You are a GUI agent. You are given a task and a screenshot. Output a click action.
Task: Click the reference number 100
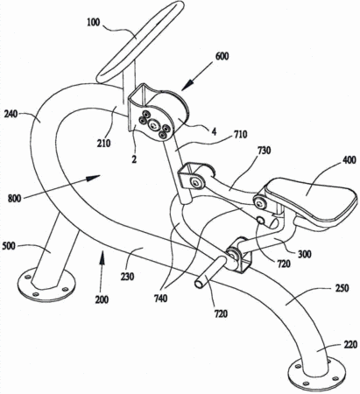click(x=94, y=23)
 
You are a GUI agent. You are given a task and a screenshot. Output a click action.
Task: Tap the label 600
click(x=222, y=56)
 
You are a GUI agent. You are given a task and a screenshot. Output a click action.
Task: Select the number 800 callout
click(x=15, y=199)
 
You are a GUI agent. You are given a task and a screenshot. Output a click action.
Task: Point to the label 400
click(x=349, y=160)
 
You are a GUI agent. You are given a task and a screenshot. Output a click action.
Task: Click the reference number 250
click(x=342, y=288)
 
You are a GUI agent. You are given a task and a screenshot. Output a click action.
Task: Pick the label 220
click(x=350, y=345)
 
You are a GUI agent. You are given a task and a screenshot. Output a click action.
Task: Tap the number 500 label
click(x=9, y=246)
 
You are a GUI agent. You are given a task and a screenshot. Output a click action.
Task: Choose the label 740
click(x=160, y=299)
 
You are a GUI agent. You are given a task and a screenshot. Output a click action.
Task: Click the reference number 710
click(x=240, y=135)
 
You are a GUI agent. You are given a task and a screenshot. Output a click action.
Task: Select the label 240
click(x=11, y=115)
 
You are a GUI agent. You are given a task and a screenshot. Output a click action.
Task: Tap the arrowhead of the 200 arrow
click(x=102, y=257)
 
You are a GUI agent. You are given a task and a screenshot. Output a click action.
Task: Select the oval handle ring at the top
click(x=140, y=41)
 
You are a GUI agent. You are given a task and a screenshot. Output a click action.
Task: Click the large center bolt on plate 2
click(x=153, y=126)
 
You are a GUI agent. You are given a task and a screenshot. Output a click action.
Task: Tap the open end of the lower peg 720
click(x=199, y=284)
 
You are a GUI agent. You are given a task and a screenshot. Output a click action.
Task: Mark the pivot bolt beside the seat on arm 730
click(x=259, y=202)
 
